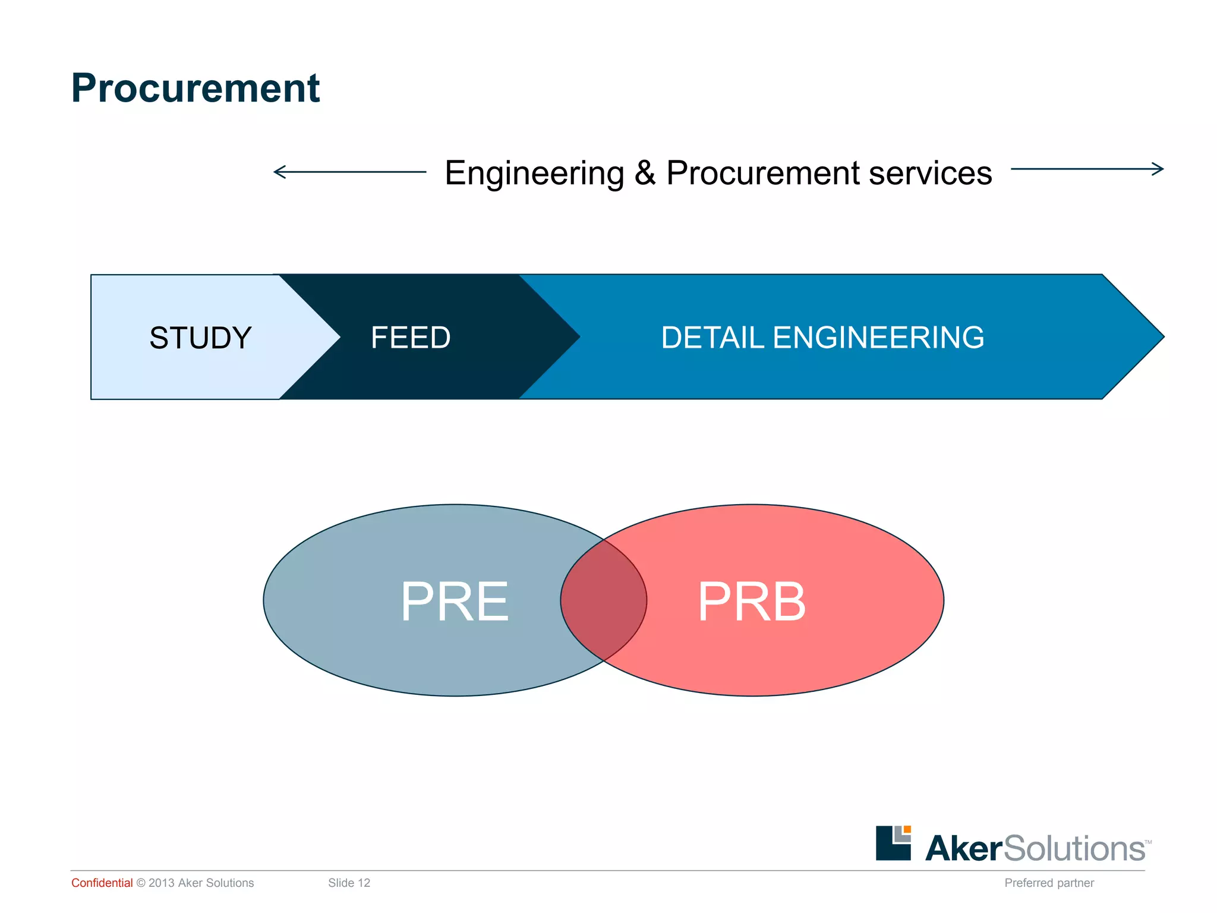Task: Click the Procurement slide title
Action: point(195,88)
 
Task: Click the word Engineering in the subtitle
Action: point(534,174)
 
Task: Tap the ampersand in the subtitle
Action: point(645,173)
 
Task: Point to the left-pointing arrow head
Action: point(276,172)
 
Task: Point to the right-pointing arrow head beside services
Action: point(1160,169)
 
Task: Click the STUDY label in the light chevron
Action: point(200,338)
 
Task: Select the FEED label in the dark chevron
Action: point(411,338)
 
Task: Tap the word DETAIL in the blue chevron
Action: point(712,338)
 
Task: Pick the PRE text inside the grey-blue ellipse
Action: point(455,602)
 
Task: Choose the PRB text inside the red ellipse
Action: point(752,602)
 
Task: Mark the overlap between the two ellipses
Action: point(604,600)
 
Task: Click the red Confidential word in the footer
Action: point(102,883)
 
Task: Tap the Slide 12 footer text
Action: point(349,883)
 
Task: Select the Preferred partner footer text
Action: point(1049,883)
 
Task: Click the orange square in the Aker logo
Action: point(907,829)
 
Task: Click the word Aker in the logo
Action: point(963,848)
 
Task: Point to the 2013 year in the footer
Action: point(161,883)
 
